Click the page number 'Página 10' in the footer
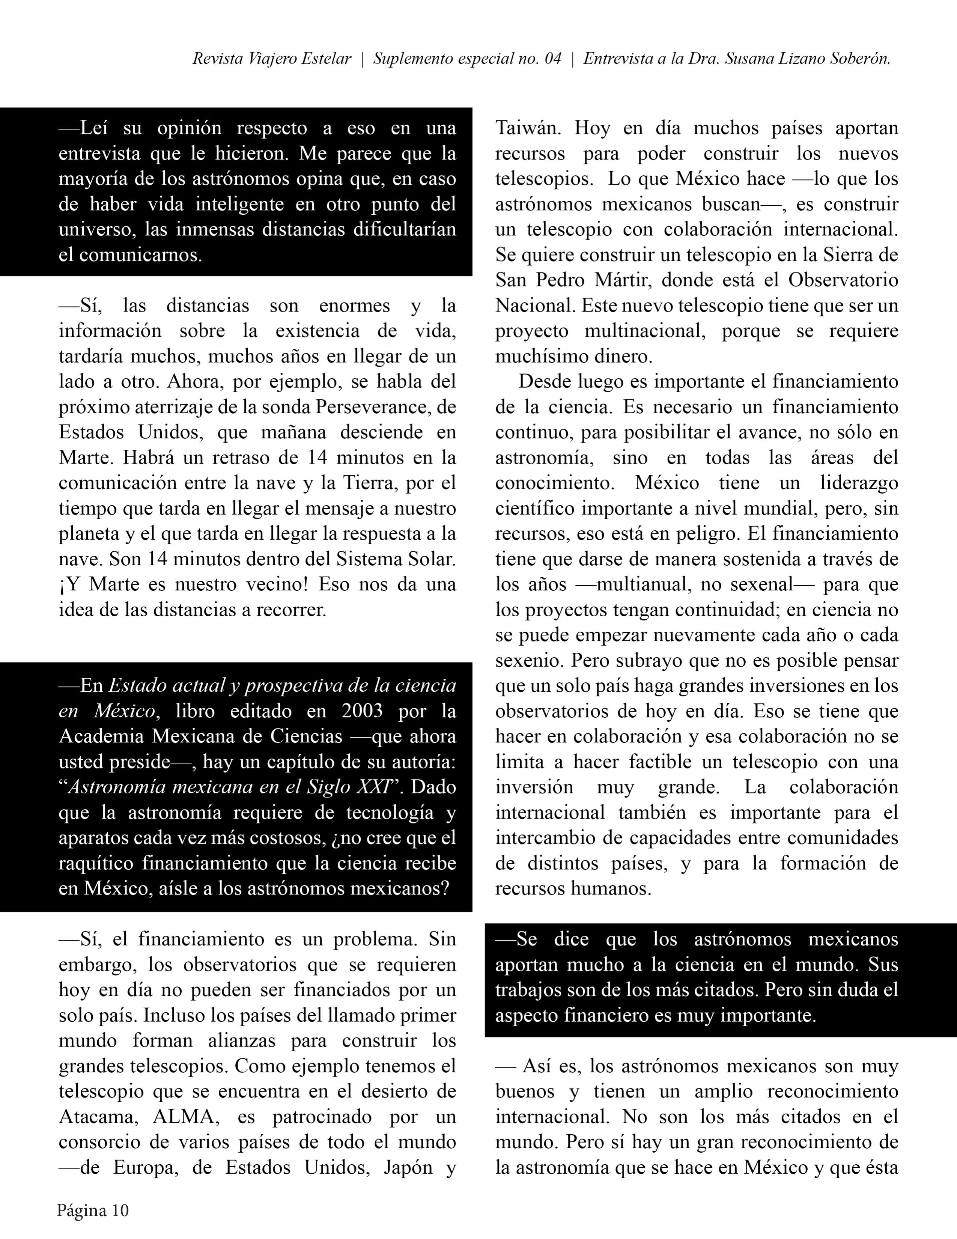point(92,1210)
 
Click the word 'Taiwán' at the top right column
point(528,128)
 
